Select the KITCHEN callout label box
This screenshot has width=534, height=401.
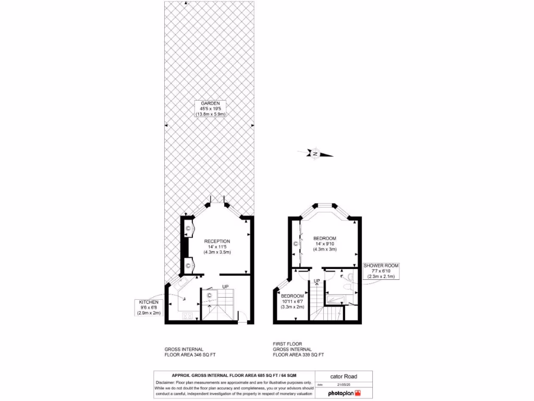(150, 308)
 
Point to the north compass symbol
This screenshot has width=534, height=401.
(315, 154)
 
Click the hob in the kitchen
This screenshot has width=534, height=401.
(188, 315)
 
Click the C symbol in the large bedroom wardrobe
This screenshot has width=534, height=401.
(296, 244)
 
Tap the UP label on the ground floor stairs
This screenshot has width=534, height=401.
(225, 287)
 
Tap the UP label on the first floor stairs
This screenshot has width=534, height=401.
(317, 281)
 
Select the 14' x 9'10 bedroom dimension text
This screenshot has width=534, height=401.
(325, 244)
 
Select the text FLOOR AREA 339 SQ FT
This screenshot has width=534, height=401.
(298, 355)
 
